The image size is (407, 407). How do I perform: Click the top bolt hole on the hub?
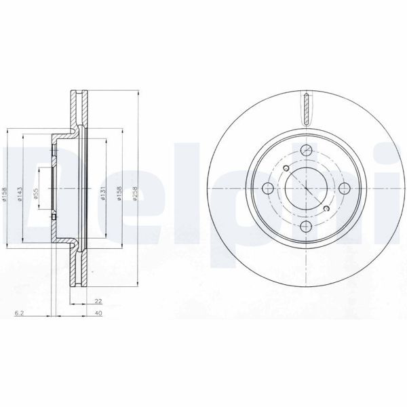click(x=307, y=150)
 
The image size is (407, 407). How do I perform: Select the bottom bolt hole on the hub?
click(x=307, y=227)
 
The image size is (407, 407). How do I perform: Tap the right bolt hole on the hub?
click(x=345, y=189)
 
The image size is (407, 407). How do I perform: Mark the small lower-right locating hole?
click(x=327, y=209)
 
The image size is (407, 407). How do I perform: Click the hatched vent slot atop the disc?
click(x=307, y=108)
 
